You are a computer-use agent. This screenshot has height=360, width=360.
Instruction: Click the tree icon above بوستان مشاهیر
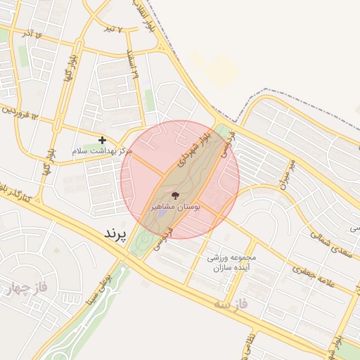[x=175, y=195]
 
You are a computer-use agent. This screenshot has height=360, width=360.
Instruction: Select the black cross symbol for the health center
[x=103, y=141]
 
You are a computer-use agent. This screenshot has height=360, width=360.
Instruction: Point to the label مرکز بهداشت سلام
[x=103, y=151]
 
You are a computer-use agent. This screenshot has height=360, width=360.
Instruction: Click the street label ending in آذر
[x=31, y=33]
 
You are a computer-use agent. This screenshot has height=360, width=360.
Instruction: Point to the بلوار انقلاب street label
[x=143, y=15]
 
